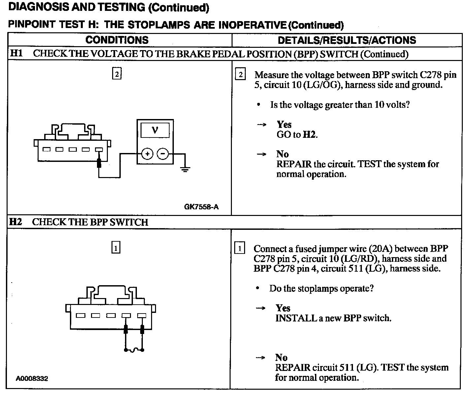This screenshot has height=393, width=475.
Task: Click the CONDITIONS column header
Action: click(x=117, y=40)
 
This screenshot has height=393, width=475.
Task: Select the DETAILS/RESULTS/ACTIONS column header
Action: click(x=347, y=40)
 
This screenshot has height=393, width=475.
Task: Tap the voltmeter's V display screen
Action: click(x=155, y=130)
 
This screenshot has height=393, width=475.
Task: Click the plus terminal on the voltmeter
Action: click(x=147, y=154)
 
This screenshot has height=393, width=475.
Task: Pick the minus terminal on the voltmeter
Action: click(x=162, y=154)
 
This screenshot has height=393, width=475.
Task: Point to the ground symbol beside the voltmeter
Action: click(x=185, y=169)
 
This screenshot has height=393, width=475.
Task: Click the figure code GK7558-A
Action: click(x=201, y=207)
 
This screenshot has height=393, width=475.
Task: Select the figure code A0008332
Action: click(x=32, y=378)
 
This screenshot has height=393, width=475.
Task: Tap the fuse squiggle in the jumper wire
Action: click(x=134, y=350)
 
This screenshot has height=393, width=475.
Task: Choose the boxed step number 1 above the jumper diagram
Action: click(x=116, y=248)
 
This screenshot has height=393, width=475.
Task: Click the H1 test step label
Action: click(x=16, y=53)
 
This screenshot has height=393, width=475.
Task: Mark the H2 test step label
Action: click(x=16, y=222)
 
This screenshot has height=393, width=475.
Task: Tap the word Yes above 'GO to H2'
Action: click(x=284, y=125)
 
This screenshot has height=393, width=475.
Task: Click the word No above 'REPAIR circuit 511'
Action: click(x=281, y=358)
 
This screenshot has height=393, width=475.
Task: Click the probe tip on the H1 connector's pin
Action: click(x=99, y=163)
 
